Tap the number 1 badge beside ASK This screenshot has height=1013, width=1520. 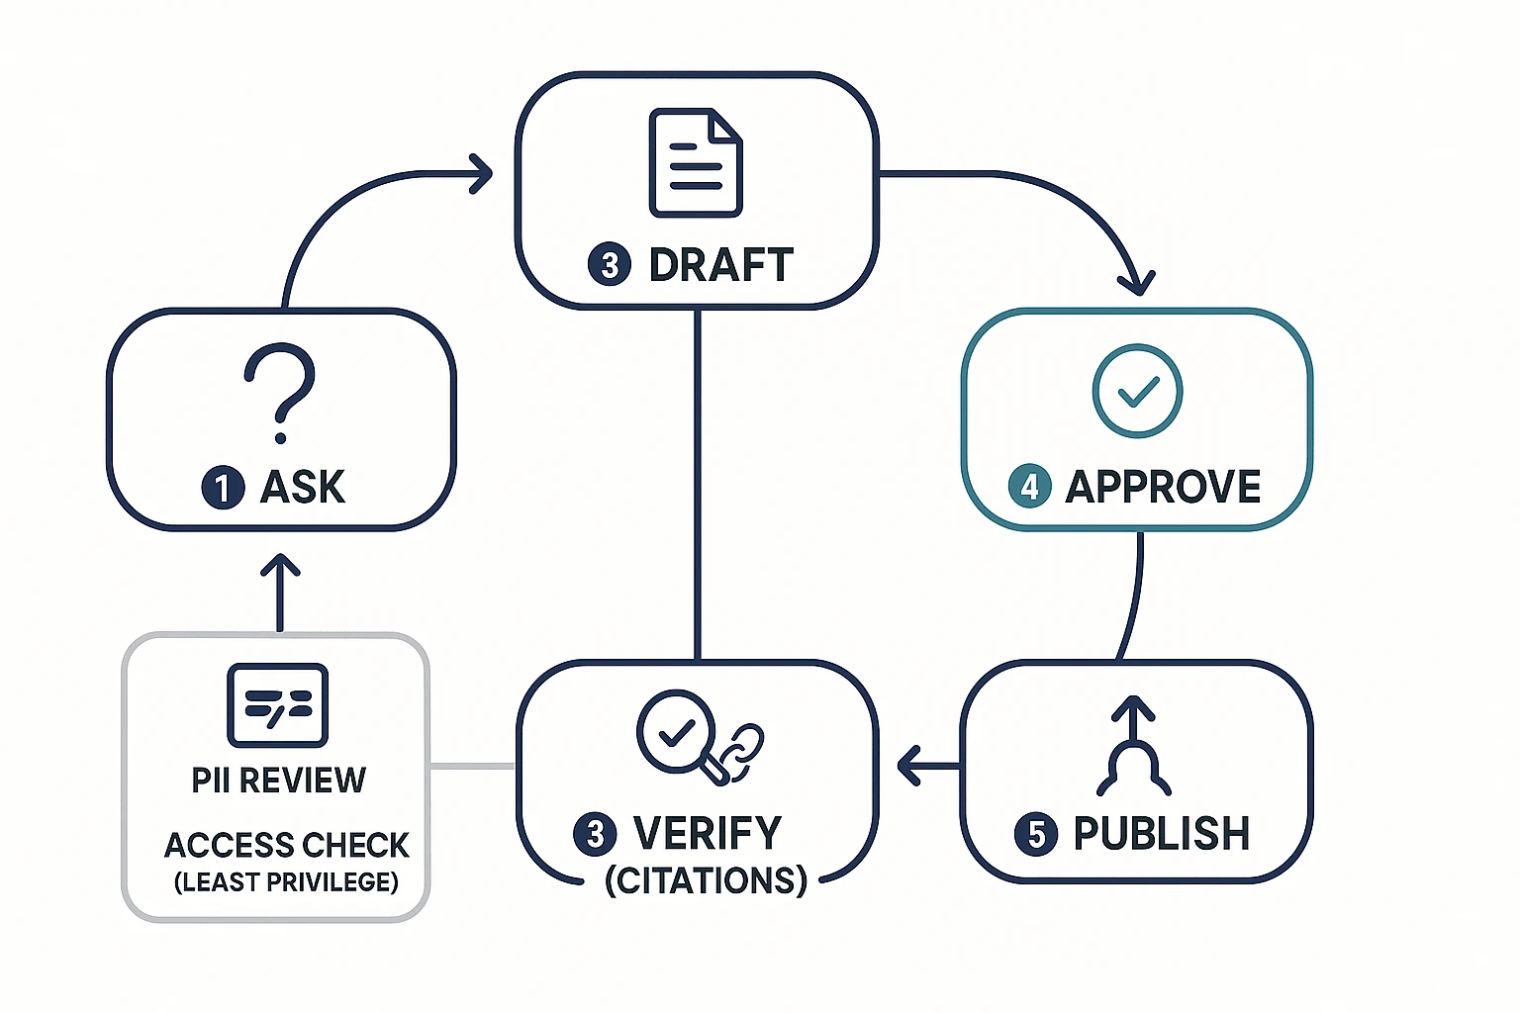[223, 488]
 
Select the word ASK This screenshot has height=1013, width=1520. [303, 488]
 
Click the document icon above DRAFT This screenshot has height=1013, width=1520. [696, 163]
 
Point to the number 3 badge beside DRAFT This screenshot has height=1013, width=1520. [610, 265]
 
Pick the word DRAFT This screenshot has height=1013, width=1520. [720, 265]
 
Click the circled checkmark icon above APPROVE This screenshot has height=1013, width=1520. [1137, 391]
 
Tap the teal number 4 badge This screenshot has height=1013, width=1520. [1029, 487]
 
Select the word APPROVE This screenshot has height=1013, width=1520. [1163, 487]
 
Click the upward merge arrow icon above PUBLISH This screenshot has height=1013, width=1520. [1134, 747]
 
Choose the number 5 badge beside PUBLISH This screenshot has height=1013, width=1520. [1035, 834]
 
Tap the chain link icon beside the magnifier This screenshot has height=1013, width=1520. [742, 752]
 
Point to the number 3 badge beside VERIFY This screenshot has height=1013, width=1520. [595, 834]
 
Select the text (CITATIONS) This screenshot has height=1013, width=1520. [706, 880]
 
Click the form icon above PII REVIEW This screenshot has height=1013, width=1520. [277, 704]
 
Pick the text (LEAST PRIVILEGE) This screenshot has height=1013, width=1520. [286, 881]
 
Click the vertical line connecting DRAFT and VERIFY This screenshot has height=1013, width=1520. [698, 485]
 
